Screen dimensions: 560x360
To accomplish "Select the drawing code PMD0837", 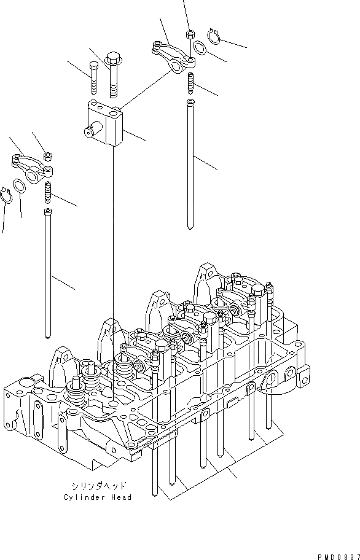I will [x=337, y=556].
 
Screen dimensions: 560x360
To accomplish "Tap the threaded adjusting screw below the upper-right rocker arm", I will [x=190, y=81].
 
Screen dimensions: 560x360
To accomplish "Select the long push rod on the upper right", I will [x=191, y=163].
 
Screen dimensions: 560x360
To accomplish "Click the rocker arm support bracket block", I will [x=105, y=123].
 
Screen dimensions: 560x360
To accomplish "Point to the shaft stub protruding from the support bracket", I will [x=89, y=130].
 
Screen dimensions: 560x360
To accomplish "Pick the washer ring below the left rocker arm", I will [x=19, y=185].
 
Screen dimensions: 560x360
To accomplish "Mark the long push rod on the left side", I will [x=47, y=273].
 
